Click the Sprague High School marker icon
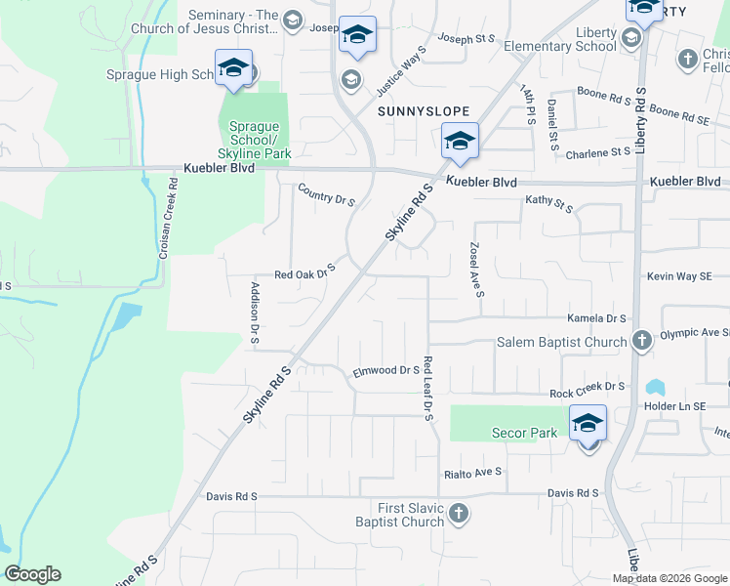233,69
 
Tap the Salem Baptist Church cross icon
641,342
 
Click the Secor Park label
524,433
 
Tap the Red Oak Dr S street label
304,272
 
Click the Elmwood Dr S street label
385,371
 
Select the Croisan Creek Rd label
167,226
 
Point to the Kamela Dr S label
596,318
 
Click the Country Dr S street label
326,193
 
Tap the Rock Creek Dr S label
587,389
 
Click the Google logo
32,574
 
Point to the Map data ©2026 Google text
669,578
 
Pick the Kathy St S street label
549,203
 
